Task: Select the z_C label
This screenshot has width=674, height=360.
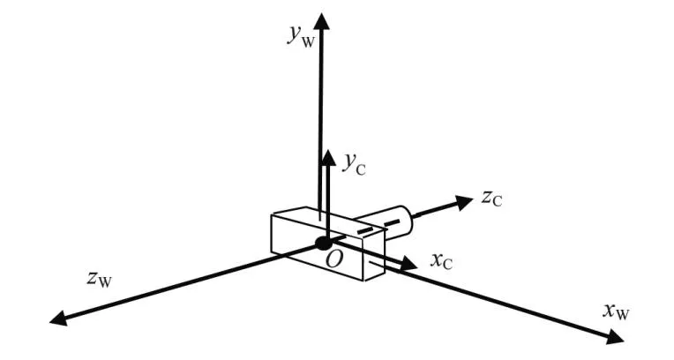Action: [x=491, y=199]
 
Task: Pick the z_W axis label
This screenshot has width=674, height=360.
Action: [x=99, y=280]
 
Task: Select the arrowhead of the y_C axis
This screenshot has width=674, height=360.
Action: [x=327, y=157]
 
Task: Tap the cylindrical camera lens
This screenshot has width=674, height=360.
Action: [x=386, y=222]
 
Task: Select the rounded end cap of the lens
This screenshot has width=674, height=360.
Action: [x=408, y=219]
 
